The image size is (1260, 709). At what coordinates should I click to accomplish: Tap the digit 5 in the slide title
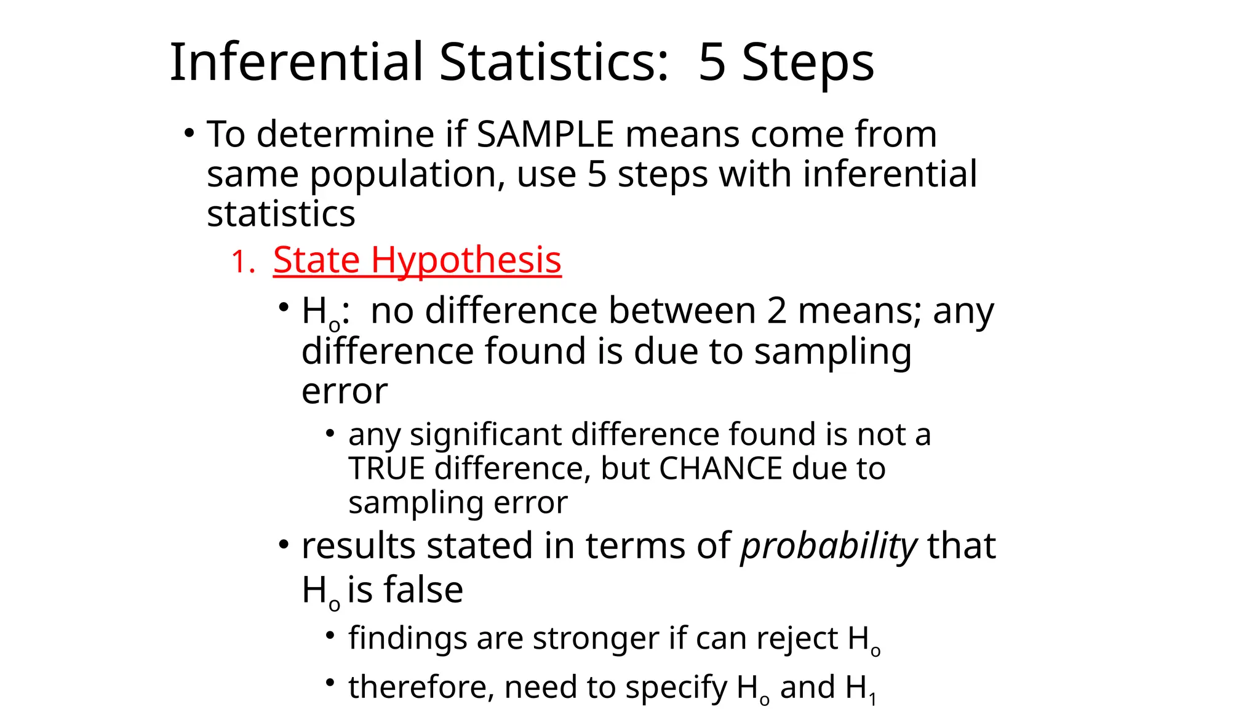coord(712,62)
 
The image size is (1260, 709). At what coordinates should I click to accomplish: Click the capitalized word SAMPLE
coord(545,134)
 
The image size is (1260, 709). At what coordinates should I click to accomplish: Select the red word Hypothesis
coord(466,261)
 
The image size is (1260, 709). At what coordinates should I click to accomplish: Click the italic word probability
coord(829,547)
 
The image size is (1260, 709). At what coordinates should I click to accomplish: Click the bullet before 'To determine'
coord(189,133)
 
